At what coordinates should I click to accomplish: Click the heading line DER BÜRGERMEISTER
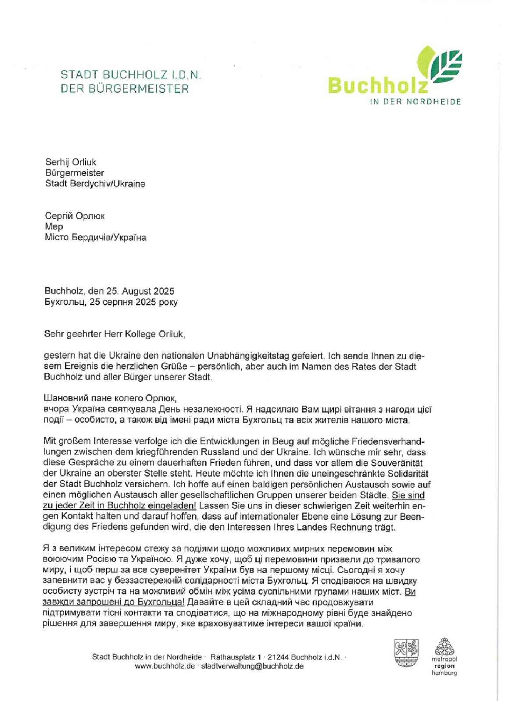(x=125, y=89)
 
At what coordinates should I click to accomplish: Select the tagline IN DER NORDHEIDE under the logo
(x=415, y=102)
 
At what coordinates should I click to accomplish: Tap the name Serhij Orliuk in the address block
(x=71, y=162)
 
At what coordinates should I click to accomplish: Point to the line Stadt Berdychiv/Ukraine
(x=95, y=184)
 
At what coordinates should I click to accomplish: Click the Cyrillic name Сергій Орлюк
(x=75, y=216)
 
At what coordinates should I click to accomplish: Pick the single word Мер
(x=54, y=227)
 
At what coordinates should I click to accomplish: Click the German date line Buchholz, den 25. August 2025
(x=109, y=291)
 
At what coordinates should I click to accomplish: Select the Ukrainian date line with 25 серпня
(x=111, y=302)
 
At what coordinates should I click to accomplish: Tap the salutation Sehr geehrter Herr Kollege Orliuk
(x=115, y=334)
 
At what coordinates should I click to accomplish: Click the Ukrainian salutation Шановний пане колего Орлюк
(x=110, y=398)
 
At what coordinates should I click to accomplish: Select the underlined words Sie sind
(x=408, y=495)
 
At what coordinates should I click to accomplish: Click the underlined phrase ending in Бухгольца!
(x=114, y=602)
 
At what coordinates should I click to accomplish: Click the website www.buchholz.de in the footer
(x=165, y=666)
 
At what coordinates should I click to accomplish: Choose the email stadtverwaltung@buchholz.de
(x=252, y=666)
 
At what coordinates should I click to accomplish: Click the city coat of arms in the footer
(x=406, y=653)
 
